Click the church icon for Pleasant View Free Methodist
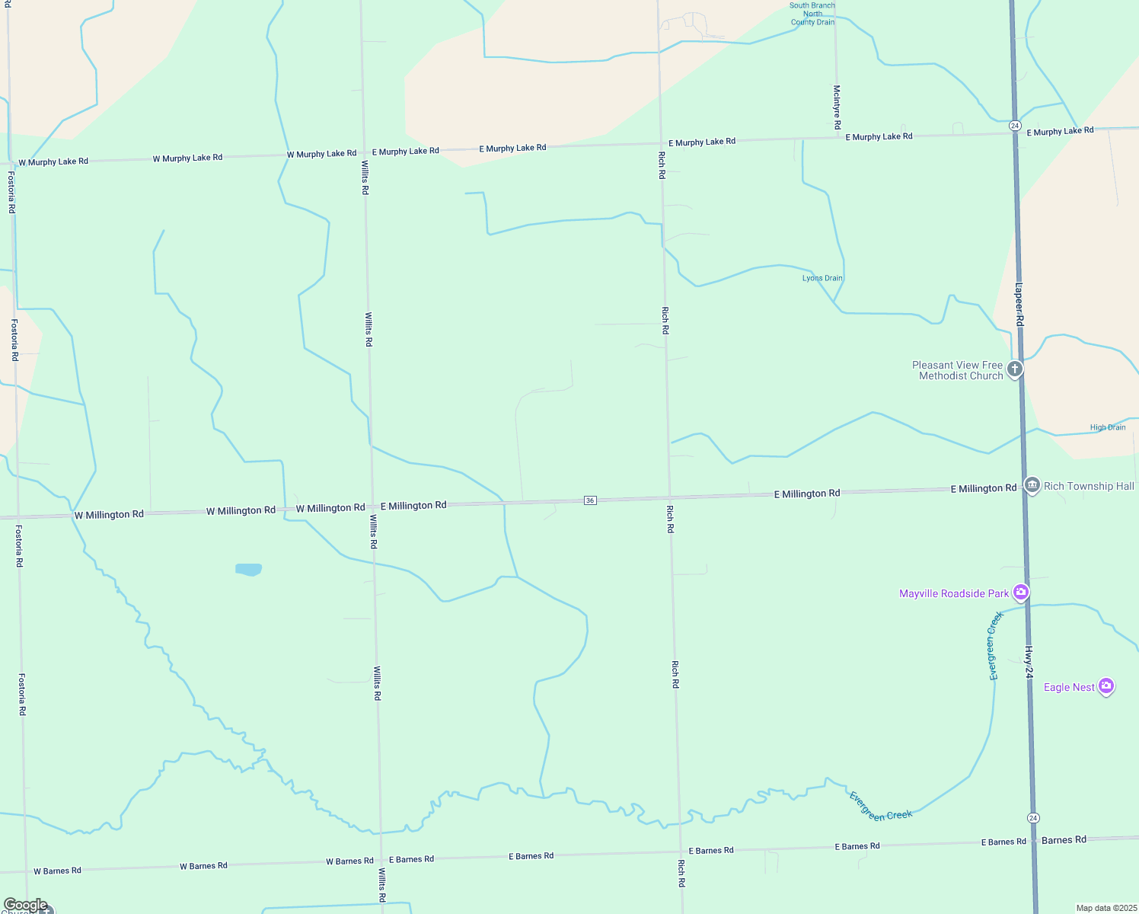(x=1014, y=369)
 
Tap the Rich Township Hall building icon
(x=1032, y=485)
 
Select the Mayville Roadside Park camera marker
(x=1021, y=593)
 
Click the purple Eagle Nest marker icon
(x=1106, y=686)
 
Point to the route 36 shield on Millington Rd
(x=590, y=500)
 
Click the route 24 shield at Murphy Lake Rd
(x=1015, y=125)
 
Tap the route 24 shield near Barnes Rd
(x=1032, y=818)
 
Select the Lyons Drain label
(x=822, y=278)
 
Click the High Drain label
(x=1107, y=427)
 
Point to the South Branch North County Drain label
(x=812, y=14)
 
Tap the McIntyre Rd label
(x=837, y=107)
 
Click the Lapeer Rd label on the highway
(x=1019, y=305)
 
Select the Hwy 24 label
(x=1028, y=663)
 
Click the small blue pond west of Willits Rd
(x=249, y=569)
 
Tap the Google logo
(x=26, y=905)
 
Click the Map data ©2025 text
(x=1106, y=908)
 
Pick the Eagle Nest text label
(x=1069, y=687)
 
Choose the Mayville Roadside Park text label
(x=954, y=593)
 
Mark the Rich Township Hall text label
(x=1089, y=486)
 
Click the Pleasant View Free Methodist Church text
(x=958, y=370)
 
